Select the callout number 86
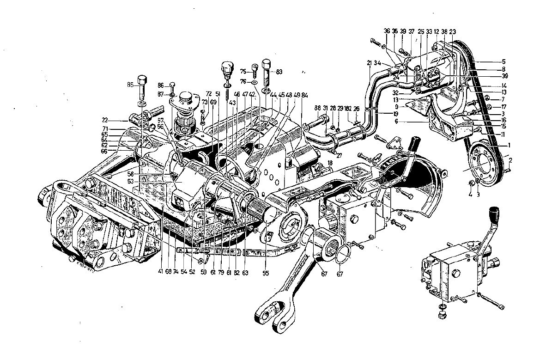tap(160, 85)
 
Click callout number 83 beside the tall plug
tap(279, 72)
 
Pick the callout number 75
tap(243, 71)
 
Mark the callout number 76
tap(243, 81)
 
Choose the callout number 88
tap(318, 108)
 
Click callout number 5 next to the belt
tap(503, 61)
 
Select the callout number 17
tap(503, 107)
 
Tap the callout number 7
tap(503, 99)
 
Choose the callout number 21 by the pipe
tap(370, 63)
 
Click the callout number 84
tap(304, 95)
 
